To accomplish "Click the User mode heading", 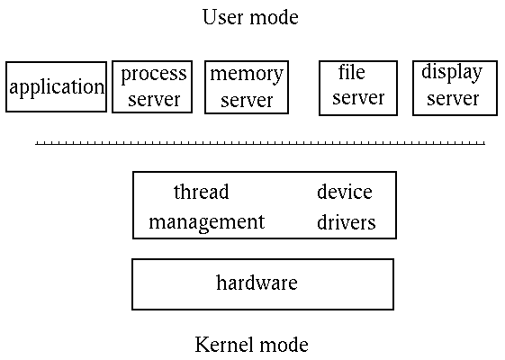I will tap(249, 17).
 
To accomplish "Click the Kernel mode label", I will tap(251, 344).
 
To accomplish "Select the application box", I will tap(56, 87).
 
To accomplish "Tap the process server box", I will tap(152, 86).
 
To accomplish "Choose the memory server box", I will tap(246, 87).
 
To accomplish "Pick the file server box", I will tap(357, 87).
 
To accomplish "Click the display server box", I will tap(452, 87).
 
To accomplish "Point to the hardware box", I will tap(262, 284).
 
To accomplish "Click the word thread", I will tap(201, 192).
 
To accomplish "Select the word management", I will tap(207, 221).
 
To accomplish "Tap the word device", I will tap(344, 192).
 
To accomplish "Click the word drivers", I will tap(346, 221).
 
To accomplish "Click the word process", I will tap(153, 74).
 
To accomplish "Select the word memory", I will tap(246, 74).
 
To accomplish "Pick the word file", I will tap(351, 72).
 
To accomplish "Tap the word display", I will tap(452, 73).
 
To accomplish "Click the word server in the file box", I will tap(357, 98).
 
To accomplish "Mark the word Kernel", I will tap(222, 344).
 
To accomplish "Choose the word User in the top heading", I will tap(221, 17).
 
